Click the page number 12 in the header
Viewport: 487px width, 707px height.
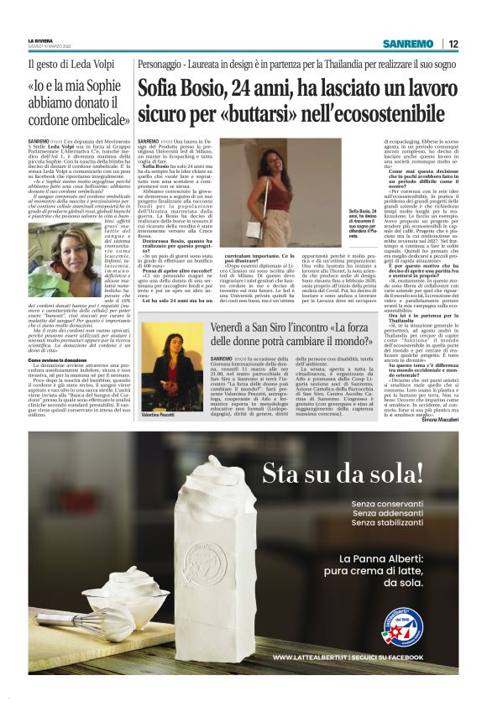[x=453, y=44]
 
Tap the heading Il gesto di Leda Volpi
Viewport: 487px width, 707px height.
[x=65, y=65]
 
